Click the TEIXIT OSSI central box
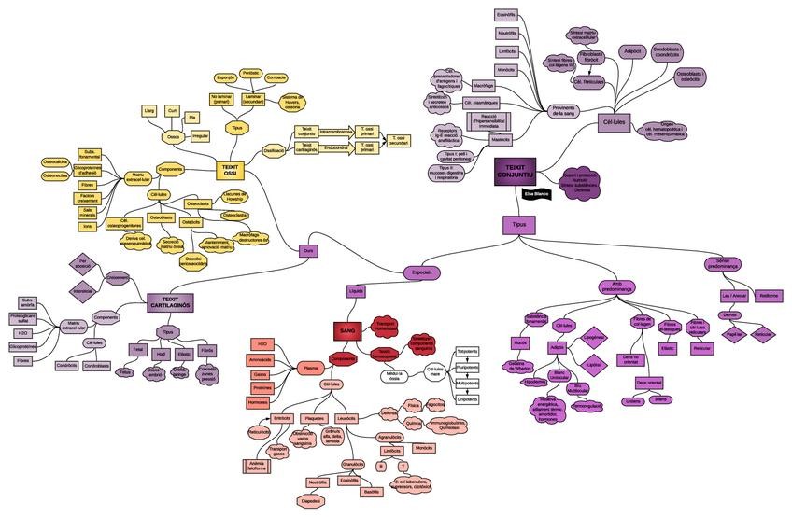tap(230, 169)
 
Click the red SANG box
tap(346, 330)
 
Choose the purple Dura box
tap(308, 250)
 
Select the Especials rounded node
tap(423, 272)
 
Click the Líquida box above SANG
tap(356, 290)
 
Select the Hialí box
tap(161, 354)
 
